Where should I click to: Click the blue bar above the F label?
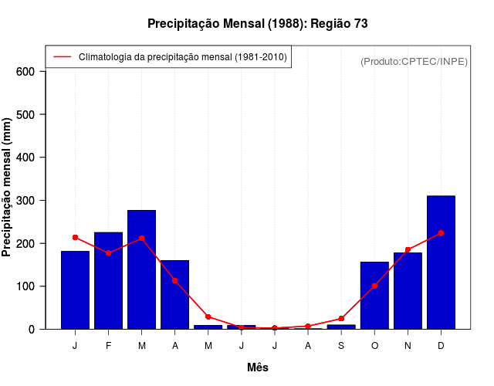[108, 280]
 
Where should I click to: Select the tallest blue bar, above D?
[441, 262]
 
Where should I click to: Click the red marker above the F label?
[108, 253]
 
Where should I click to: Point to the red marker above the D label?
[441, 232]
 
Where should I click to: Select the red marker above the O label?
[374, 286]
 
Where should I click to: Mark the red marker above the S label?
[341, 318]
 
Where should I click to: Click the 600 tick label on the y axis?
[26, 72]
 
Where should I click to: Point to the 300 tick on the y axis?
[26, 201]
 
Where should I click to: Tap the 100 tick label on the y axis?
[26, 286]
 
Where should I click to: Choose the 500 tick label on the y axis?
[26, 115]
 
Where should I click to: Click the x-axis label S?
[341, 346]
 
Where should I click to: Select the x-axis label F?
[108, 346]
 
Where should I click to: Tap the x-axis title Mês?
[258, 367]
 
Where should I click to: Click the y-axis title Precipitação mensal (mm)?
[8, 188]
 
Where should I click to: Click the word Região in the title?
[330, 24]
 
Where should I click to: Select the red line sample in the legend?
[62, 56]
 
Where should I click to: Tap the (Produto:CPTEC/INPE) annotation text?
[414, 61]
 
